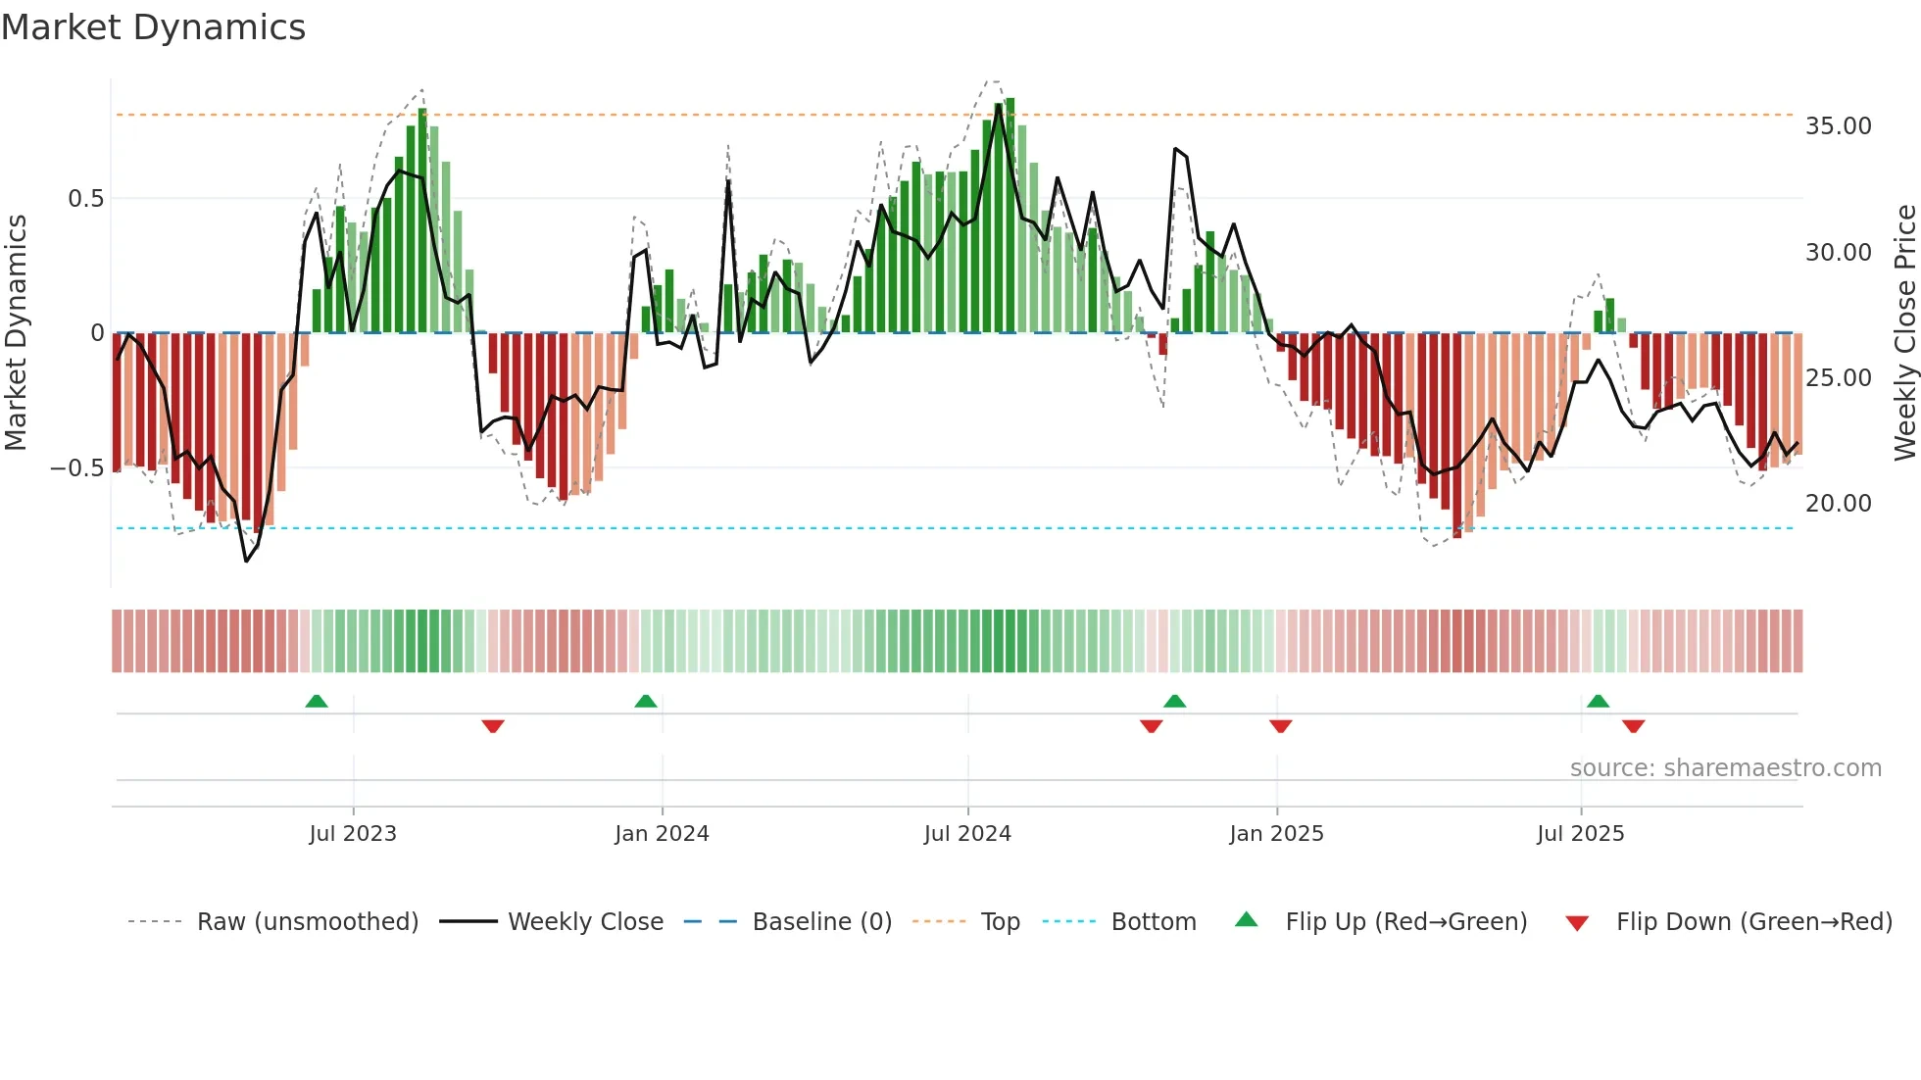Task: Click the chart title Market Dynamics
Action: coord(153,27)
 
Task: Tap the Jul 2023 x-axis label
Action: coord(353,834)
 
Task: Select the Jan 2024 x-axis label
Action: coord(662,834)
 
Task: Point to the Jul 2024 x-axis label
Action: coord(967,834)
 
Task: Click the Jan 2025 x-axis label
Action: coord(1276,834)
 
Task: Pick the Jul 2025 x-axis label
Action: coord(1580,834)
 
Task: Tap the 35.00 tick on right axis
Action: coord(1838,126)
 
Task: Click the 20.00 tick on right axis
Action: coord(1838,504)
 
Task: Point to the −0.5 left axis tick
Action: coord(76,468)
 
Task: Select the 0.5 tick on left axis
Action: coord(85,199)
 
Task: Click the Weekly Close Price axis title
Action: coord(1904,332)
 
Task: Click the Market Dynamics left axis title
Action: coord(16,332)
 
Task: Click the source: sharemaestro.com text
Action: coord(1725,768)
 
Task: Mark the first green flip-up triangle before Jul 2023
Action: coord(317,702)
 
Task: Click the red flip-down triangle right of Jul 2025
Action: coord(1633,726)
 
